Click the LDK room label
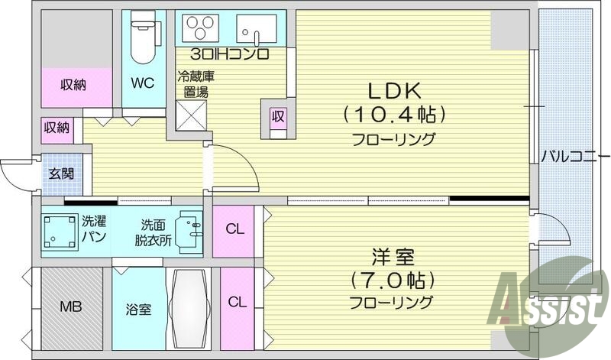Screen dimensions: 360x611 (394, 91)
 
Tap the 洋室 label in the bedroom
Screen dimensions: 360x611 (393, 255)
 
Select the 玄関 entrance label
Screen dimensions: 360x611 (63, 174)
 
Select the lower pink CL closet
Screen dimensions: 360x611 (237, 301)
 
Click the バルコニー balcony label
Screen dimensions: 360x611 (571, 157)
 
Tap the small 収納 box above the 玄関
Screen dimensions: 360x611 (57, 128)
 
